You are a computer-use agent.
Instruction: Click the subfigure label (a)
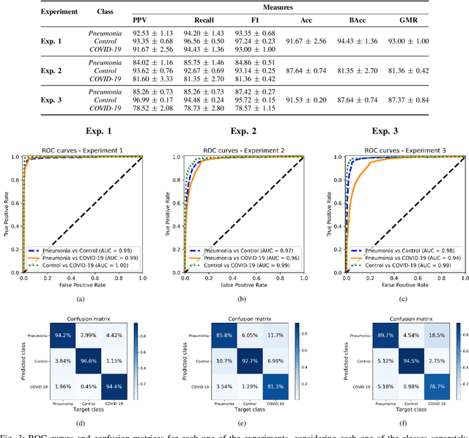pyautogui.click(x=80, y=289)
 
